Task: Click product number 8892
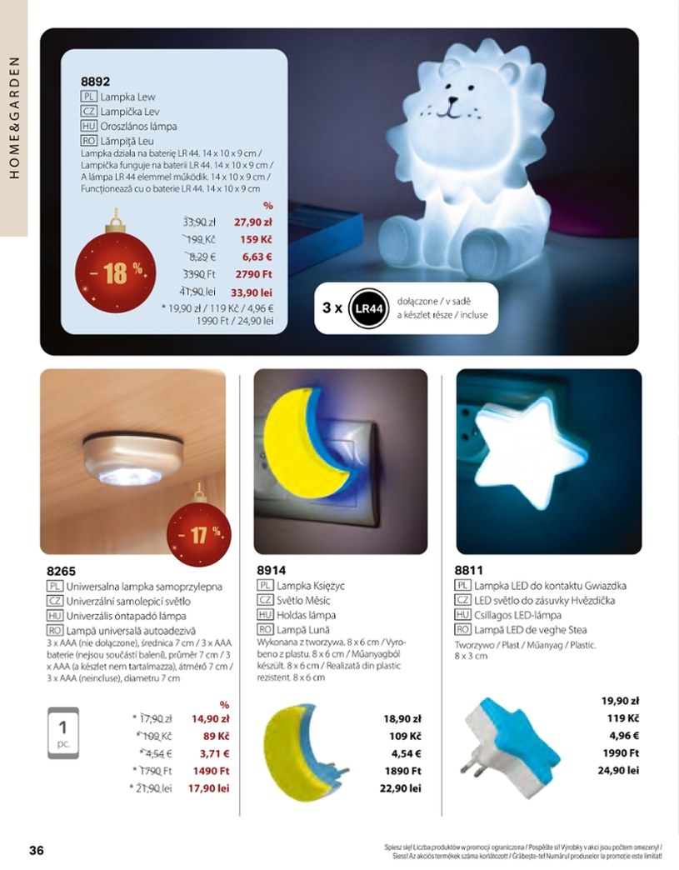click(x=95, y=82)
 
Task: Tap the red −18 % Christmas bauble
click(x=113, y=273)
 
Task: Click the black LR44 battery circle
click(x=367, y=307)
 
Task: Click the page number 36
click(x=36, y=851)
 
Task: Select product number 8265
click(x=62, y=571)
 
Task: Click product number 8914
click(x=273, y=571)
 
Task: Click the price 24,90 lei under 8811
click(x=618, y=771)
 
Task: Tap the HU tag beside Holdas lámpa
click(x=266, y=614)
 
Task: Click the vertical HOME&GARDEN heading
click(x=14, y=117)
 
